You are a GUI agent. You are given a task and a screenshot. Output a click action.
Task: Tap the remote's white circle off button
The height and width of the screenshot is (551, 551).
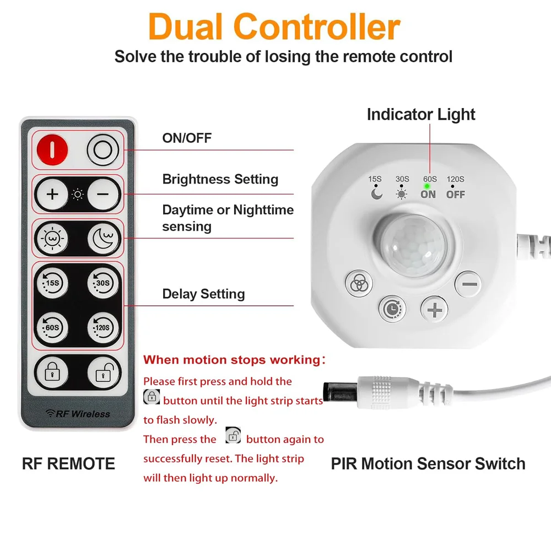[x=103, y=149]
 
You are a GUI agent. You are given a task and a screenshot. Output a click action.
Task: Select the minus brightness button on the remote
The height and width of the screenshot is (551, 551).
[x=103, y=195]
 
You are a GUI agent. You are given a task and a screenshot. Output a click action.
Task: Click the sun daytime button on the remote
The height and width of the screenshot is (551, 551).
[x=52, y=239]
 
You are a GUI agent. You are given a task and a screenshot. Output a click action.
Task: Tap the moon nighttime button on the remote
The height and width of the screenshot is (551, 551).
[x=103, y=239]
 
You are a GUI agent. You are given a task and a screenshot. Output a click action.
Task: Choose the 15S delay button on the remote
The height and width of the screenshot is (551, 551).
[x=52, y=283]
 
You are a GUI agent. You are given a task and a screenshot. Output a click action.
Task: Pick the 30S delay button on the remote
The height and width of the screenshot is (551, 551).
[x=103, y=283]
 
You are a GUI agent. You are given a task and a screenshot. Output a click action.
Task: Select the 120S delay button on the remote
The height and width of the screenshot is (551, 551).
[x=103, y=328]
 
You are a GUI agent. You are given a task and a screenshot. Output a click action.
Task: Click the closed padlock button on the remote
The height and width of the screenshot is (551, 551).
[x=52, y=373]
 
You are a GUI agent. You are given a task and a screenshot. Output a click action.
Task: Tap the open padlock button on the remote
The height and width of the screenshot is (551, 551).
[x=103, y=373]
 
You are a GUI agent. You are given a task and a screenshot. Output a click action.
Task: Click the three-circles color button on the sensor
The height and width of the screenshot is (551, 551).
[x=359, y=284]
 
